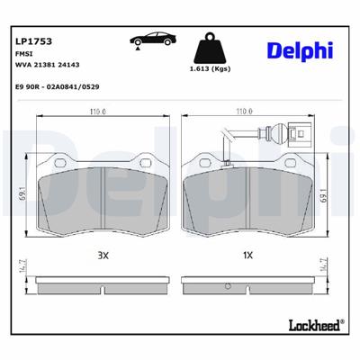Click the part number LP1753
pos(32,41)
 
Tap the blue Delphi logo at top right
pos(297,52)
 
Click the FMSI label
pos(23,55)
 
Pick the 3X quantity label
pos(103,256)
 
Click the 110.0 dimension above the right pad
pos(243,112)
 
